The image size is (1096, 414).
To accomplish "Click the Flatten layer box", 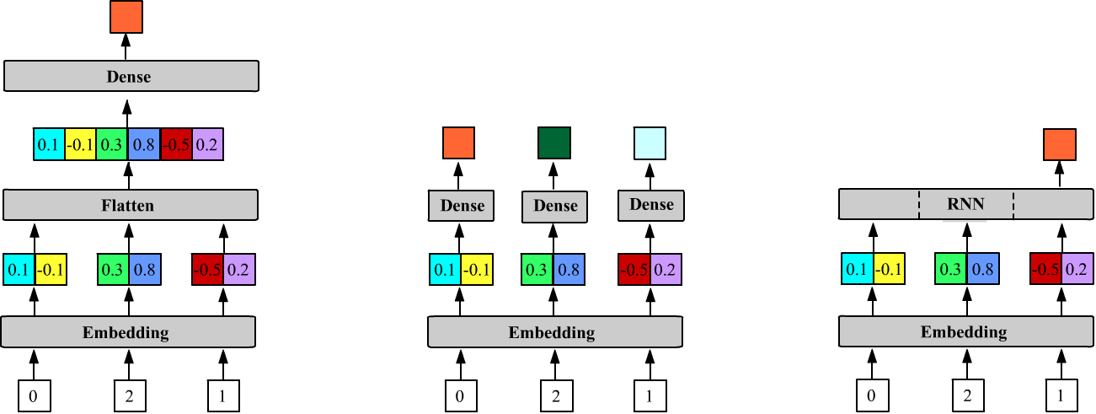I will tap(130, 205).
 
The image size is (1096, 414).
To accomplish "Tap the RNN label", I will tap(965, 203).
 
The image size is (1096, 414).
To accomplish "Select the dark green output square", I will tap(554, 142).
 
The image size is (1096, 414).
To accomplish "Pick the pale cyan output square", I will tap(650, 142).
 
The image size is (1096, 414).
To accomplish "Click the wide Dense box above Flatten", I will tap(131, 77).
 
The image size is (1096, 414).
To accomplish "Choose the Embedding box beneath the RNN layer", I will tap(964, 331).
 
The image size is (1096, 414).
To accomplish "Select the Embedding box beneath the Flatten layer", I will tap(127, 331).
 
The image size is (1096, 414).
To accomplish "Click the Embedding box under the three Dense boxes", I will tap(553, 332).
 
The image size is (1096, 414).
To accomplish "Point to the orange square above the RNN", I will tap(1059, 144).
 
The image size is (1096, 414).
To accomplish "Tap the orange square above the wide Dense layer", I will tap(126, 17).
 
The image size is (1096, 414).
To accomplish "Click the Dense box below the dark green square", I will tap(554, 206).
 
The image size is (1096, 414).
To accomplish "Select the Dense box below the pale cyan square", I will tap(651, 205).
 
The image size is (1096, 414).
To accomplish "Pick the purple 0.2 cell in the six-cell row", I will tap(207, 144).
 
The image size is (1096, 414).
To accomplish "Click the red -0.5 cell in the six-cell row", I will tap(177, 144).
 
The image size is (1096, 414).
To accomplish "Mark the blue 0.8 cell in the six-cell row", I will tap(144, 144).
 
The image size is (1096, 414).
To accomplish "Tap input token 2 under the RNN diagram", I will tap(968, 395).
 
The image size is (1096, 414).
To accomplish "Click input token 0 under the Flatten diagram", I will tap(34, 395).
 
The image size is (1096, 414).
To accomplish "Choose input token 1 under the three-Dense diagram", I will tap(650, 395).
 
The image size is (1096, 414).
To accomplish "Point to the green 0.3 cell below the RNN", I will tap(951, 269).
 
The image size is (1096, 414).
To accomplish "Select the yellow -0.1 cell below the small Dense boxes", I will tap(477, 269).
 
